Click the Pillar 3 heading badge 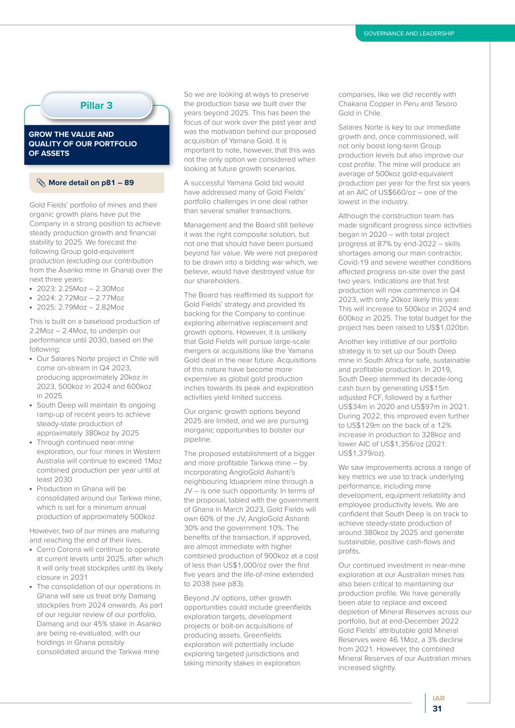97,106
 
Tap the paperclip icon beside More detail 41,183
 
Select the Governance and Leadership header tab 409,34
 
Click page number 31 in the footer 437,709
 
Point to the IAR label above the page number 438,698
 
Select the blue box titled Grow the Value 96,144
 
